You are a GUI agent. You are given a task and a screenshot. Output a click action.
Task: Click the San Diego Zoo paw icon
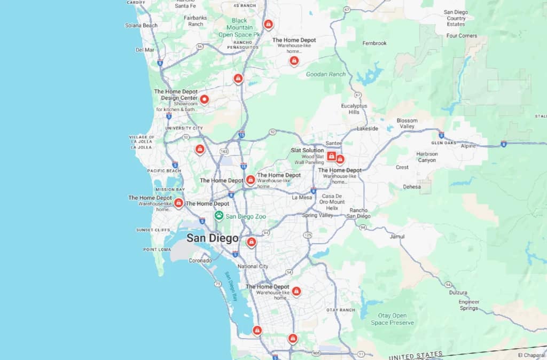[x=219, y=216]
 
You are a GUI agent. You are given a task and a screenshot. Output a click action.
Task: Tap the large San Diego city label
[x=212, y=238]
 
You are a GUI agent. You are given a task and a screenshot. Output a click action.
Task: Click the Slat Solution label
[x=307, y=150]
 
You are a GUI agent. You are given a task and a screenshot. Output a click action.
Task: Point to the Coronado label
[x=200, y=261]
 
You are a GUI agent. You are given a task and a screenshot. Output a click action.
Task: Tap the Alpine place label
[x=468, y=146]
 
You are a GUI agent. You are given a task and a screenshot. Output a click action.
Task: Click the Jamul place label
[x=397, y=236]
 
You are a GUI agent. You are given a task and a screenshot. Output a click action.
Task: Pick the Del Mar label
[x=145, y=50]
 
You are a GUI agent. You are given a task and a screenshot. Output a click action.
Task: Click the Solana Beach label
[x=141, y=25]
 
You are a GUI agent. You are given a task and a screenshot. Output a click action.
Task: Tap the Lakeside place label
[x=367, y=129]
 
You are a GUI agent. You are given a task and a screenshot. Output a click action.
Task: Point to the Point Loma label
[x=157, y=249]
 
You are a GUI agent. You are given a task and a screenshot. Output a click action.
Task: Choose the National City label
[x=253, y=266]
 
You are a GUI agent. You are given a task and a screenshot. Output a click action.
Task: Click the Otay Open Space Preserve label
[x=393, y=319]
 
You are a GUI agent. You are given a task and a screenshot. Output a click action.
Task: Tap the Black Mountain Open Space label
[x=239, y=27]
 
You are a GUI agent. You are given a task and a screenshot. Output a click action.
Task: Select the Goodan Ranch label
[x=326, y=74]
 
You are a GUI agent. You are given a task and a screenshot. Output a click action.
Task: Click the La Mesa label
[x=302, y=197]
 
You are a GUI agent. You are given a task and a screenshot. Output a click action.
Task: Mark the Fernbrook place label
[x=374, y=43]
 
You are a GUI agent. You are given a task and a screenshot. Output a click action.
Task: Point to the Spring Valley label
[x=317, y=215]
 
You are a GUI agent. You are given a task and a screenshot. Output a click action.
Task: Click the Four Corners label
[x=462, y=36]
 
